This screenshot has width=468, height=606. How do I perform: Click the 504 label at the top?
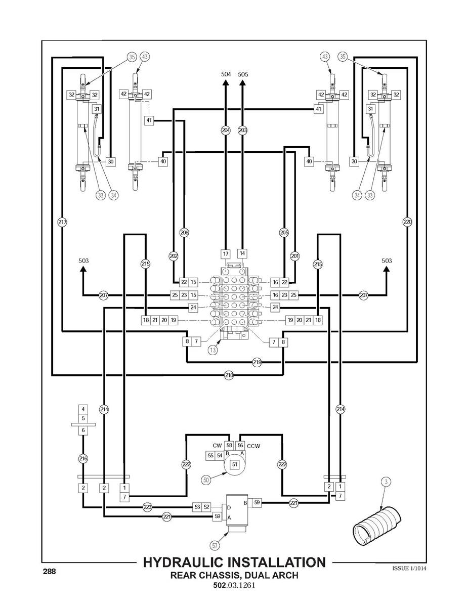[226, 74]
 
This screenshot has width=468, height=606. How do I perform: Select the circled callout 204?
[226, 130]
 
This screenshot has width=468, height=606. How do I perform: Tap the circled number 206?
[184, 232]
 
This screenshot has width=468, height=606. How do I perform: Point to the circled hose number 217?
[62, 222]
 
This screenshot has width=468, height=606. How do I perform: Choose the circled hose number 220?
[407, 222]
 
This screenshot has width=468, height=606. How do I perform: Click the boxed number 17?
[226, 254]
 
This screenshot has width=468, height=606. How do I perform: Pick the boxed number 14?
[242, 253]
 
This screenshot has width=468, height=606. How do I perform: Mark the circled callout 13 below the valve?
[212, 350]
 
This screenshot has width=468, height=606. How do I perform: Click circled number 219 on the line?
[257, 363]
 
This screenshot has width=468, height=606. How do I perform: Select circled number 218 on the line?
[229, 375]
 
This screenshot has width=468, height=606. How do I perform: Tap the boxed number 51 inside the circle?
[235, 464]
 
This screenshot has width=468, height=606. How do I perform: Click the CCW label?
[253, 446]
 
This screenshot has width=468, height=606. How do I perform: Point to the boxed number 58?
[229, 446]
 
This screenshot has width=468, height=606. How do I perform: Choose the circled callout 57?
[215, 546]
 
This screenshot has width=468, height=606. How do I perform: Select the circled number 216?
[83, 459]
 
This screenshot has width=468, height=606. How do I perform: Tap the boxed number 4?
[83, 409]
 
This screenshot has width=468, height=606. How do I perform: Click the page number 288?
[49, 571]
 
